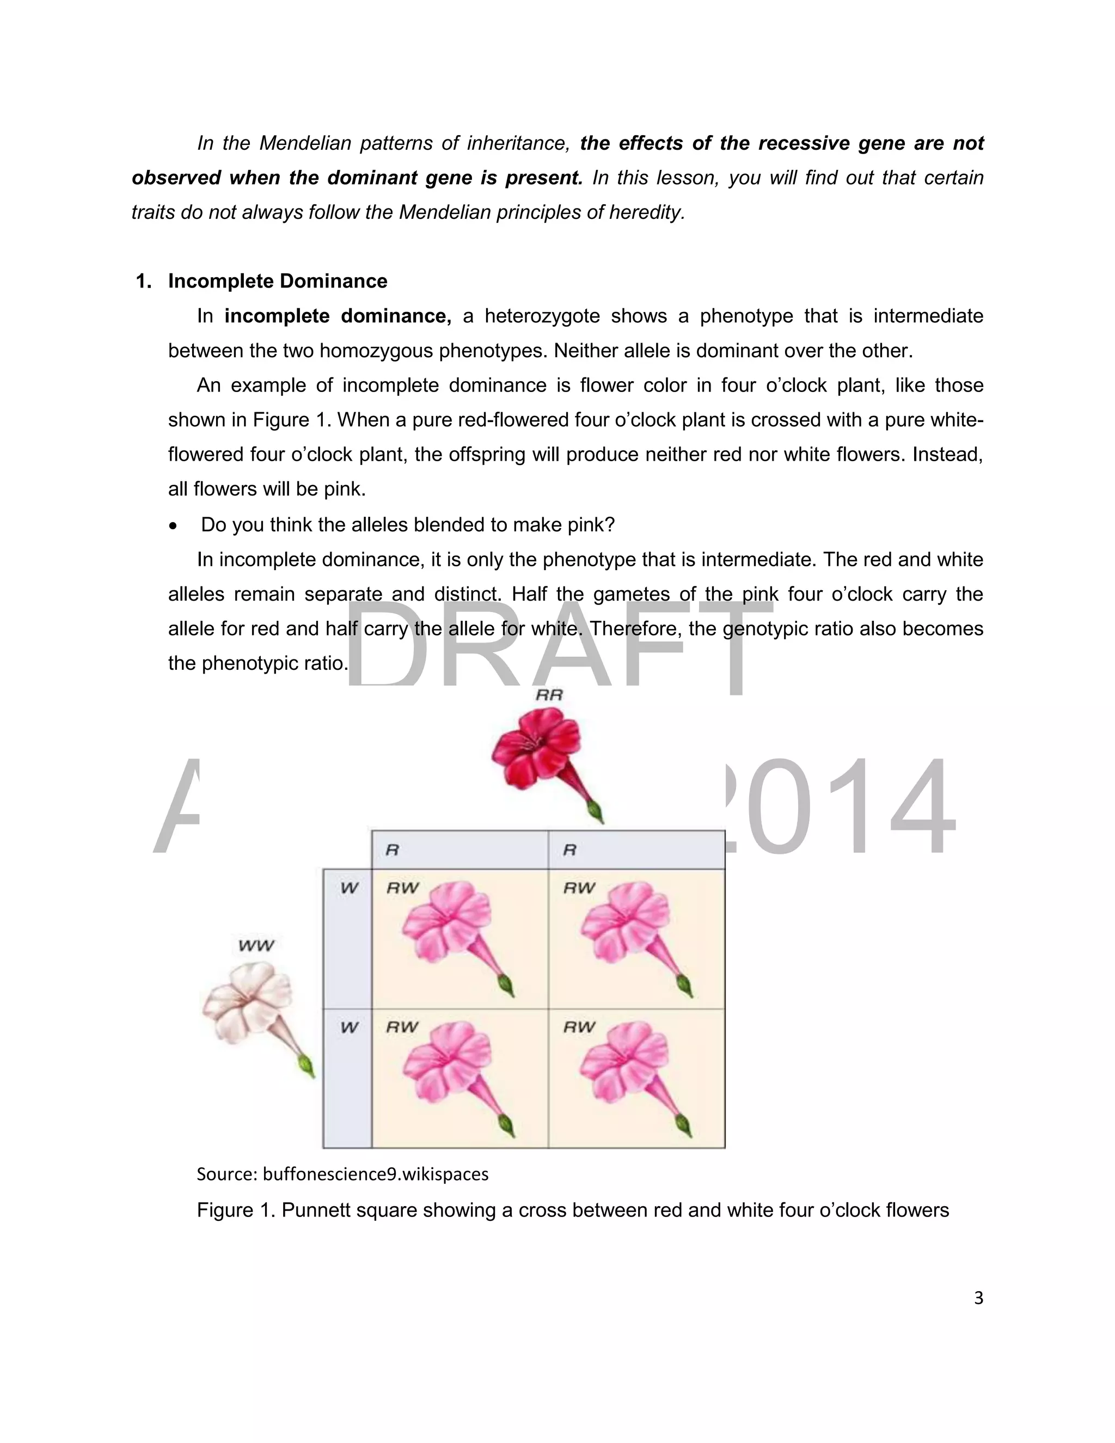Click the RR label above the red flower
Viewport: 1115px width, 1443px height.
[549, 695]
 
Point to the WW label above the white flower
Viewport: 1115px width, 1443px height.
[256, 945]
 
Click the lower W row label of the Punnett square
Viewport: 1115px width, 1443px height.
[349, 1028]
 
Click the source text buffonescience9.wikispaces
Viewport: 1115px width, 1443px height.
[375, 1174]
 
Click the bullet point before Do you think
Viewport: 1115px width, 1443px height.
[173, 526]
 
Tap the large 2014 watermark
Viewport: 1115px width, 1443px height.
[839, 808]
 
